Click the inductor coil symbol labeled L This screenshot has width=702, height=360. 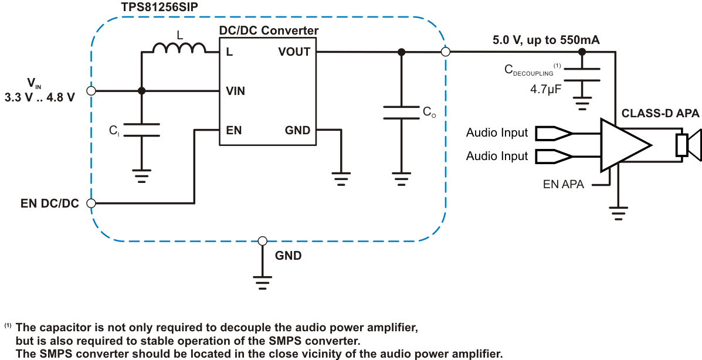coord(179,48)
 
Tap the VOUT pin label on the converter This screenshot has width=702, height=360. coord(294,52)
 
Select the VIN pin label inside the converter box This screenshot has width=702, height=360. coord(236,91)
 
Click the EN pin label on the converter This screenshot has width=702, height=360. coord(233,130)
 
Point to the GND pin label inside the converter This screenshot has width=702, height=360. coord(297,130)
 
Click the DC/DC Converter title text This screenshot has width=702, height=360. coord(269,30)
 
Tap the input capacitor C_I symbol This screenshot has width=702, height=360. coord(141,130)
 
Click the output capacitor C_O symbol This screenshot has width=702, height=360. coord(401,112)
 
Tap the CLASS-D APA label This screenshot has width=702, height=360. coord(660,113)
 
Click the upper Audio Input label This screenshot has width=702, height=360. coord(497,133)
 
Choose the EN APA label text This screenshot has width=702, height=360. coord(563,185)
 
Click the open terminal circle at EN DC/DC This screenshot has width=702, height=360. coord(91,203)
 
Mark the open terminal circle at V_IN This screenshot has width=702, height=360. coord(91,91)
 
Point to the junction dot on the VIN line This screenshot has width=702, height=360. coord(141,91)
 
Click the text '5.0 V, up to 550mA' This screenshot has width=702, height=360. coord(546,40)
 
